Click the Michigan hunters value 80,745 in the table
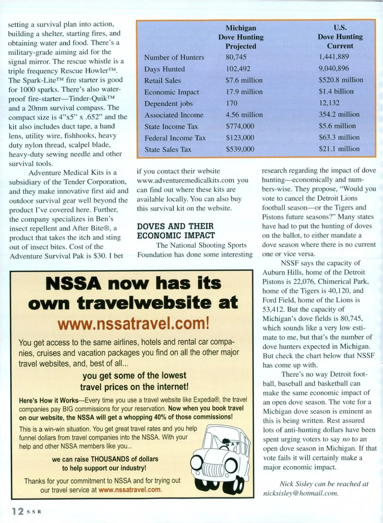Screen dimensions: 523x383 [x=236, y=57]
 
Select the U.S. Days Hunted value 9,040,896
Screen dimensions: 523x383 [x=334, y=68]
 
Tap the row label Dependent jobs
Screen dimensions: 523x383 [x=168, y=104]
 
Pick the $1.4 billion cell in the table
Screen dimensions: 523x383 [x=336, y=91]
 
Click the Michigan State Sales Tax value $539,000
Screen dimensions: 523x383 [x=240, y=149]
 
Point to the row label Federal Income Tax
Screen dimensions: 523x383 [x=175, y=138]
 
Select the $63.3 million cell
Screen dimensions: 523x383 [x=339, y=137]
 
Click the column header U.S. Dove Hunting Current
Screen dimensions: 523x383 [x=340, y=37]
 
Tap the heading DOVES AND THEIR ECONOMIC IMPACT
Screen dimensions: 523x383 [x=176, y=231]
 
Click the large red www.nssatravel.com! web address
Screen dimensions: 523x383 [x=133, y=324]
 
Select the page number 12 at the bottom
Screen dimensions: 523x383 [x=18, y=511]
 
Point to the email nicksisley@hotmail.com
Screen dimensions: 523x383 [x=300, y=493]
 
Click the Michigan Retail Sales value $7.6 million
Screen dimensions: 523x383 [x=244, y=80]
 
